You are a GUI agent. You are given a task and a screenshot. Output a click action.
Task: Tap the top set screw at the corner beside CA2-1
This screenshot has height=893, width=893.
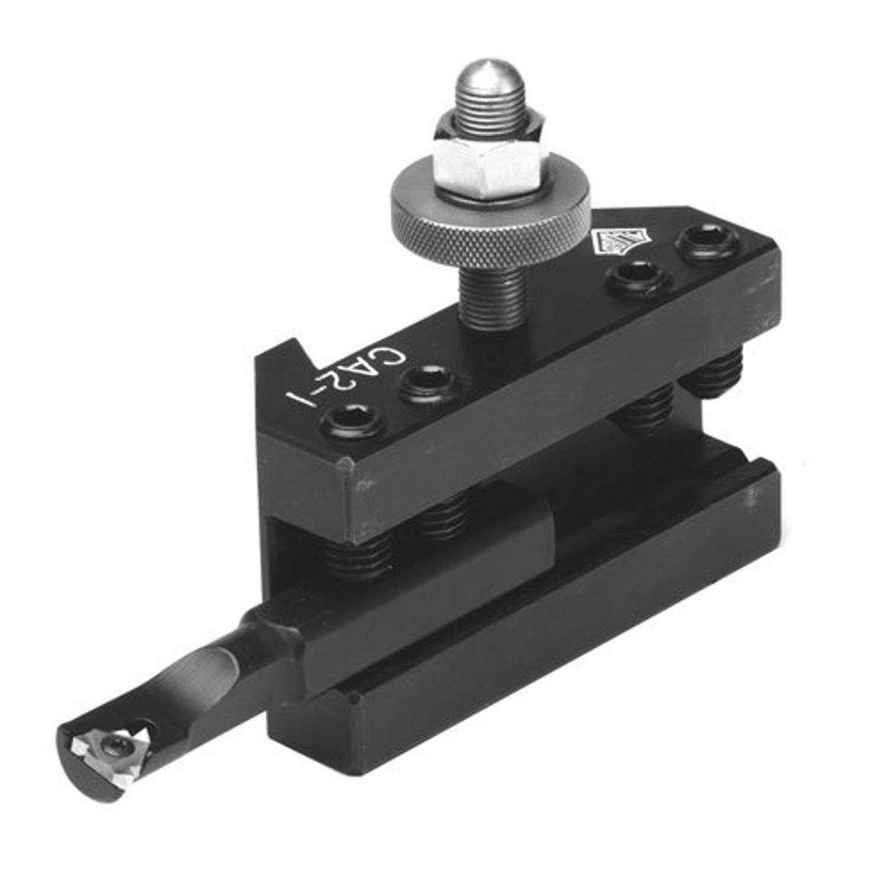[x=354, y=424]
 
